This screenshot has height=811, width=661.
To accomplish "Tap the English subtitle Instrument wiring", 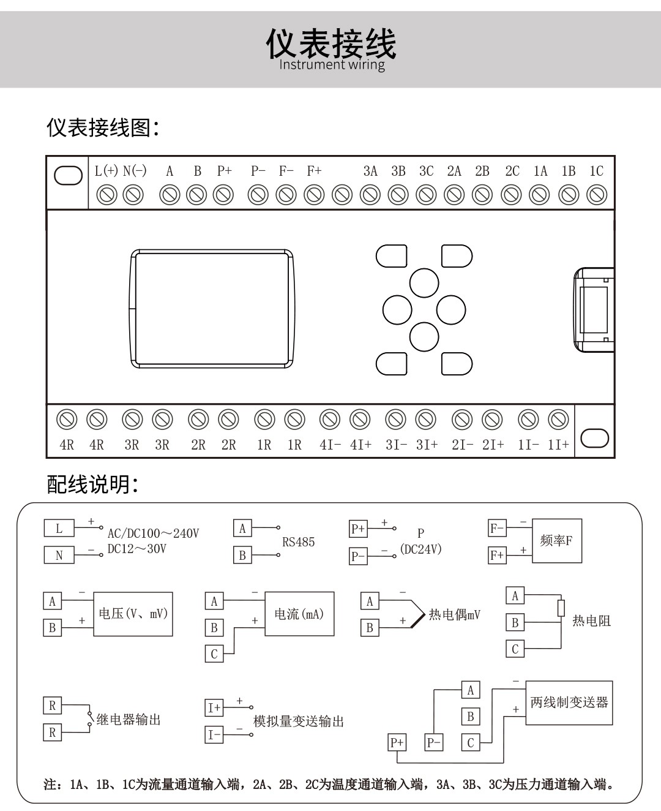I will click(332, 64).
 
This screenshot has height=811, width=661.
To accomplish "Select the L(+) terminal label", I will click(106, 171).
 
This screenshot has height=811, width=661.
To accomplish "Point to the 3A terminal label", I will click(370, 171).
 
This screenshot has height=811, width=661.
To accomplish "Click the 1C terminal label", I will click(596, 171).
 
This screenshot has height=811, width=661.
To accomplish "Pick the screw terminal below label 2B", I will click(482, 195).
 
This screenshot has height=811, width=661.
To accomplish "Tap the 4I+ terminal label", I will click(360, 445).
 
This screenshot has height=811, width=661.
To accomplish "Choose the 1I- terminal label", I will click(528, 445).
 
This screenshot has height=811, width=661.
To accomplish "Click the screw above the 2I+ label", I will click(492, 420).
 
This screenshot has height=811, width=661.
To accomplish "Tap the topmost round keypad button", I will click(424, 283).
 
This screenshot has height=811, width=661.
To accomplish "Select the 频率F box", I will click(556, 541).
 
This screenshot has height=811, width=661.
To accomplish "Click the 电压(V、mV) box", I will click(133, 614).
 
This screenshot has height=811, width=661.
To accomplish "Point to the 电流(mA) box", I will click(299, 614).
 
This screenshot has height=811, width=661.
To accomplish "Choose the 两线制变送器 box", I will click(569, 703).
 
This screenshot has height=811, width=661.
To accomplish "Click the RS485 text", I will click(298, 542).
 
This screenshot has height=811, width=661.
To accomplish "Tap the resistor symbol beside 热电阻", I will click(561, 608).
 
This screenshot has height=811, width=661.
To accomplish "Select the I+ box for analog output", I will click(214, 708).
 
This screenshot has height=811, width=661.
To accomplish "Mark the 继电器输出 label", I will click(129, 720).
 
